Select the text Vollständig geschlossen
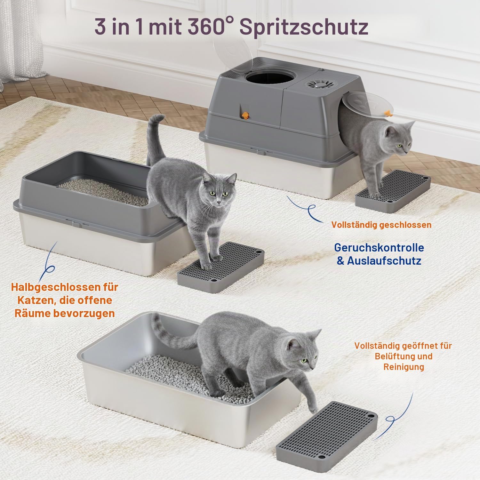[x=381, y=225]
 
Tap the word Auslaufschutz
[x=384, y=261]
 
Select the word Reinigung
[x=404, y=367]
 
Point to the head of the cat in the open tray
[x=302, y=350]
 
